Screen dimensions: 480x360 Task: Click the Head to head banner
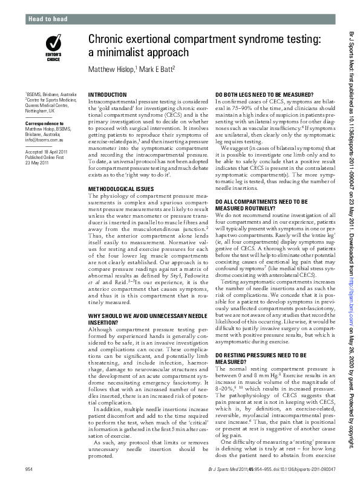pos(49,19)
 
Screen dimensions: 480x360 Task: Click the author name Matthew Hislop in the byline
pos(113,70)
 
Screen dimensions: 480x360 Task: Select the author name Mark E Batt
pos(157,70)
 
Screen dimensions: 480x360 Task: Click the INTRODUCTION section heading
pos(108,96)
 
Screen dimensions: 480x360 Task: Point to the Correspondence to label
pos(45,123)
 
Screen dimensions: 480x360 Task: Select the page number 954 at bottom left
pos(29,469)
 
